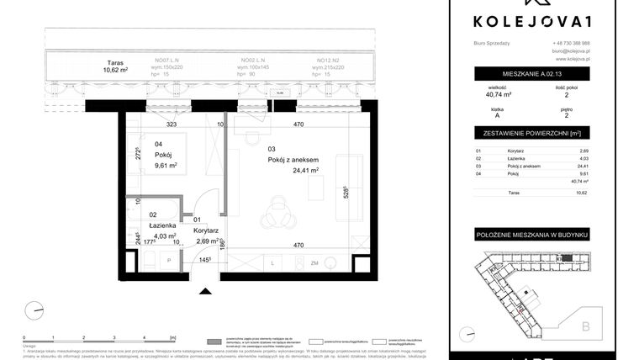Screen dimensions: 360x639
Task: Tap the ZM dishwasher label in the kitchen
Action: click(314, 264)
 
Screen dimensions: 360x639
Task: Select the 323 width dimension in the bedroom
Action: click(171, 124)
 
